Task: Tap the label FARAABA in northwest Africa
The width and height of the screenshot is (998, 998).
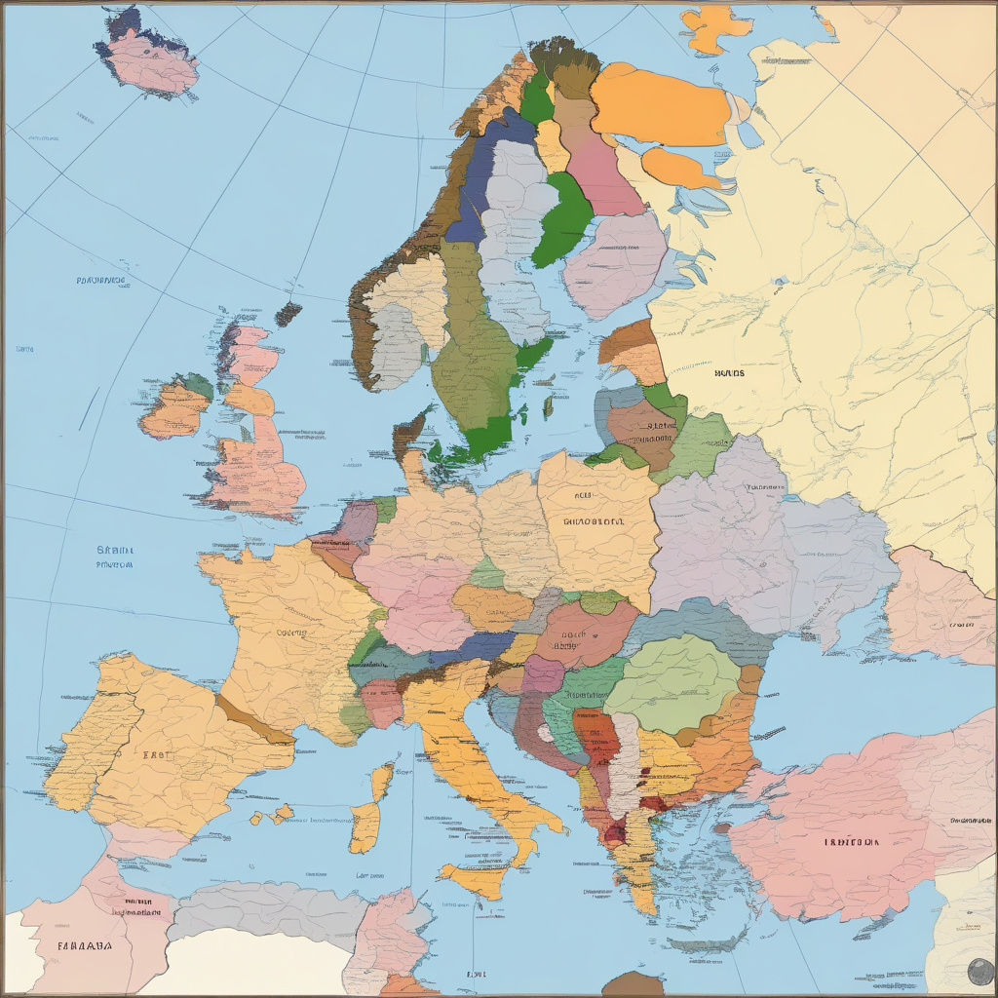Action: (x=84, y=944)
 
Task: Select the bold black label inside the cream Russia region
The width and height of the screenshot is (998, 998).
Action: (x=729, y=372)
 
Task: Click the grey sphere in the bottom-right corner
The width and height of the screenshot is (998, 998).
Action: (x=979, y=971)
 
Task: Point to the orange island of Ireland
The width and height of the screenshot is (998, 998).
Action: (x=173, y=410)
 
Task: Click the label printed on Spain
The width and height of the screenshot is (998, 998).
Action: (x=154, y=754)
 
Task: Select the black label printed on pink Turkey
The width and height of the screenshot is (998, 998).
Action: (x=850, y=841)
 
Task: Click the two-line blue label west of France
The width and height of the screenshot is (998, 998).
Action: (x=115, y=557)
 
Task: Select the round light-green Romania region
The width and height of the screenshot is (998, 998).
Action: (x=672, y=682)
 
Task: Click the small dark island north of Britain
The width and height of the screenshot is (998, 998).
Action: (x=288, y=314)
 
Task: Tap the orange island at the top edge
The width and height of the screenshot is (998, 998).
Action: (x=717, y=26)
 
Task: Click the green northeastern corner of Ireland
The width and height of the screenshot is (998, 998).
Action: (x=199, y=385)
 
